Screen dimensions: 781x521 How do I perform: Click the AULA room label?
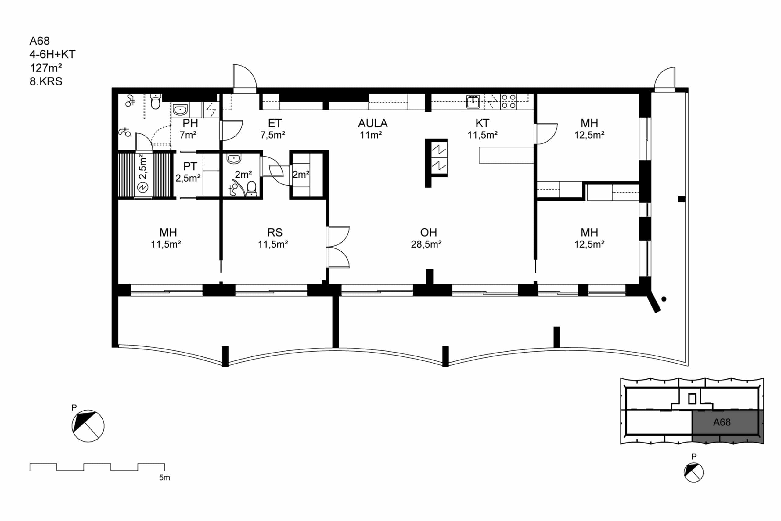point(372,123)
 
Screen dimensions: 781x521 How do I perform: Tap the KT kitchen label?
point(482,123)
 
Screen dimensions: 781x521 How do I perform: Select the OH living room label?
point(428,232)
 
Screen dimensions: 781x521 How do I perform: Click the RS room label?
point(275,232)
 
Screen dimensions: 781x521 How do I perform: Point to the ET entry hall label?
point(275,123)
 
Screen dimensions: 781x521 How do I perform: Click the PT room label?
point(190,166)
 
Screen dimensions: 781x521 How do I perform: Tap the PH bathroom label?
point(190,123)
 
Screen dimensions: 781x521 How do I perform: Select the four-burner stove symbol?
point(509,101)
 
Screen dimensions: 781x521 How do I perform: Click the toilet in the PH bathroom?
point(155,101)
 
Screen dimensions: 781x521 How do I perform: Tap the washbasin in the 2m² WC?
point(234,158)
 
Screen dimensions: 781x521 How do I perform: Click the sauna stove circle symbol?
point(143,188)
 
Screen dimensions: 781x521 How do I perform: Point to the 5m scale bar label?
point(164,477)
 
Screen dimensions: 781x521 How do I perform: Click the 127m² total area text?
point(46,68)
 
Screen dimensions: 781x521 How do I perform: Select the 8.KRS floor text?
point(46,81)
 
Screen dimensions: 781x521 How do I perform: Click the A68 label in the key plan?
point(722,422)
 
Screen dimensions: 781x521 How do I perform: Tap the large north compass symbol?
point(88,426)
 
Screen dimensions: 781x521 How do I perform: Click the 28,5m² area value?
point(426,244)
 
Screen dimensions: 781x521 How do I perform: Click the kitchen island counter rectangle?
point(506,155)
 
